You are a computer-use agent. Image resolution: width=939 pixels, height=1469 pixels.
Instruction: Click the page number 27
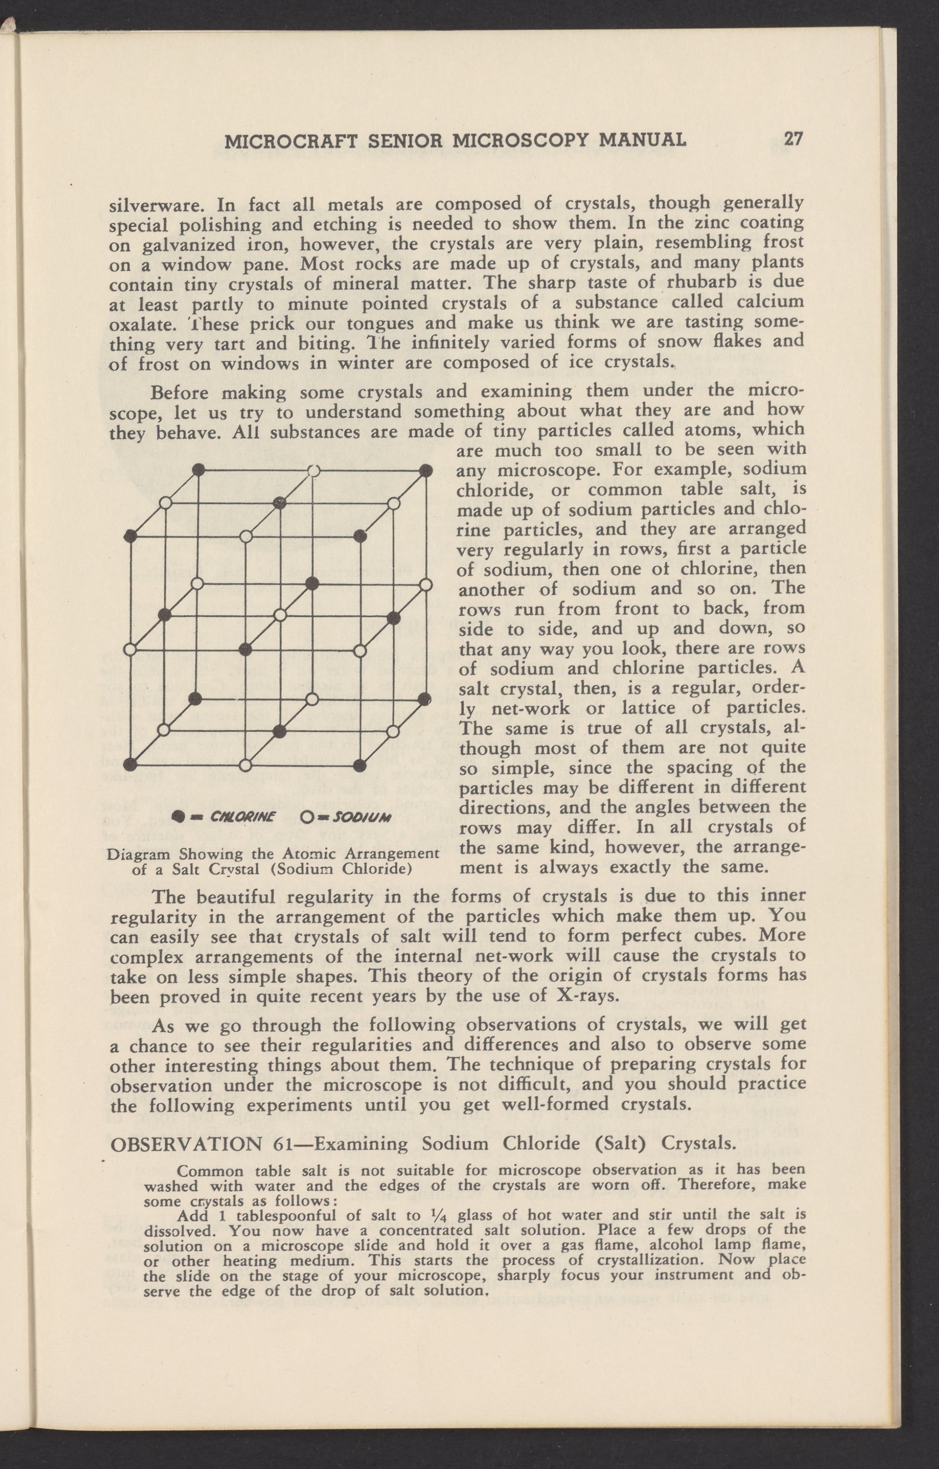tap(792, 139)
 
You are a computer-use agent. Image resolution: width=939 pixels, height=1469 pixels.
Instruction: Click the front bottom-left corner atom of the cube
tap(129, 763)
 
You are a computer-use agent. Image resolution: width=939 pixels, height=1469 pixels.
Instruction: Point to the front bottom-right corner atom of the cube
tap(360, 764)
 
